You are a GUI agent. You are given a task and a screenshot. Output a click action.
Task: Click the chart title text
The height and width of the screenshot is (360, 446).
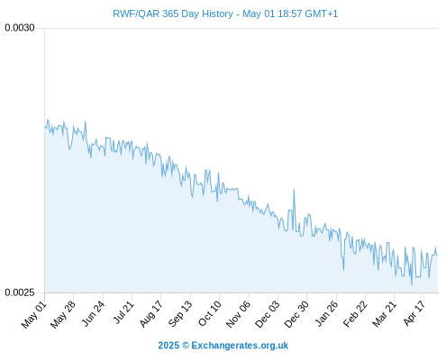click(225, 13)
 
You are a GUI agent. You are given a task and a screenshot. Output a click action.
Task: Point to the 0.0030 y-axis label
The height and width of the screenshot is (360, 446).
click(20, 28)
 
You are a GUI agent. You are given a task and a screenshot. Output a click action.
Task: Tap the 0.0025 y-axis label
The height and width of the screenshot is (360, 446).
click(20, 292)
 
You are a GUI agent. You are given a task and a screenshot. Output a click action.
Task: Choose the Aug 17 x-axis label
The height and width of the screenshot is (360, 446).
click(151, 314)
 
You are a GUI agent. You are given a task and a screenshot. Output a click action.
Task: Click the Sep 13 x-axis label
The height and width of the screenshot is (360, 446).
click(180, 314)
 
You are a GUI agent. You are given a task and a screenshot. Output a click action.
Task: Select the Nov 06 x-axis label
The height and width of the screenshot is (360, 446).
click(238, 314)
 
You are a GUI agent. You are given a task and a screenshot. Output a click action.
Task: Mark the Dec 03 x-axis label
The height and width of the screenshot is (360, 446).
click(267, 314)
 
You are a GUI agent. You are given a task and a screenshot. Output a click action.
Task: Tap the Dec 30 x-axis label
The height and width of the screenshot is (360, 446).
click(296, 314)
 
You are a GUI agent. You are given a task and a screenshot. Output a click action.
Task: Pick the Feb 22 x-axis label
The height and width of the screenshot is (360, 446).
click(355, 314)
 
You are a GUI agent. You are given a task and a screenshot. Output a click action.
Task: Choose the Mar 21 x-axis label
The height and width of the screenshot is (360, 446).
click(385, 314)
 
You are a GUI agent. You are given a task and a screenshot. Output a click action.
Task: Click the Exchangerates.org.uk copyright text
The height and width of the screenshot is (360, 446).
click(223, 346)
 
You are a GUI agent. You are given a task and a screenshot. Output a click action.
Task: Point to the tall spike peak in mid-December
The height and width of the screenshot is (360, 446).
click(294, 190)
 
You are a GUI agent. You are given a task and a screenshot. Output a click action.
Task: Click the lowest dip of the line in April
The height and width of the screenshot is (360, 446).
click(412, 284)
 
